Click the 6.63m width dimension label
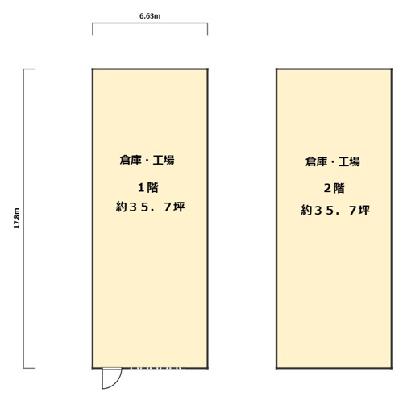(x=150, y=16)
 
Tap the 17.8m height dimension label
(x=17, y=218)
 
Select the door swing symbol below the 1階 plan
(x=112, y=378)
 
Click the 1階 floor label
(x=148, y=187)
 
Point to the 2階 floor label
(x=334, y=188)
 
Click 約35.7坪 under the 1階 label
(x=150, y=207)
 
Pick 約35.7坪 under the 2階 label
(x=335, y=210)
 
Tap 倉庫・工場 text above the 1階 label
(x=147, y=160)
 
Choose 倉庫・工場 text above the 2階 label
(x=333, y=161)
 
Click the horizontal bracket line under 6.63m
(x=150, y=23)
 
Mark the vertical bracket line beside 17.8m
(x=23, y=219)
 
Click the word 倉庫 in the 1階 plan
(x=131, y=160)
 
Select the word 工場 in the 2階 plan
(x=349, y=161)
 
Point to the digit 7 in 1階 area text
(x=168, y=207)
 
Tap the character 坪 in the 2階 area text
(x=364, y=210)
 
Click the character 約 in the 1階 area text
(x=121, y=207)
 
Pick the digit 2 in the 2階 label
(x=327, y=189)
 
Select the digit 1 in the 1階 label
(x=141, y=188)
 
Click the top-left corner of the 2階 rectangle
(x=276, y=69)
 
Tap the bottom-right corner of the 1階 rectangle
(x=207, y=368)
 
